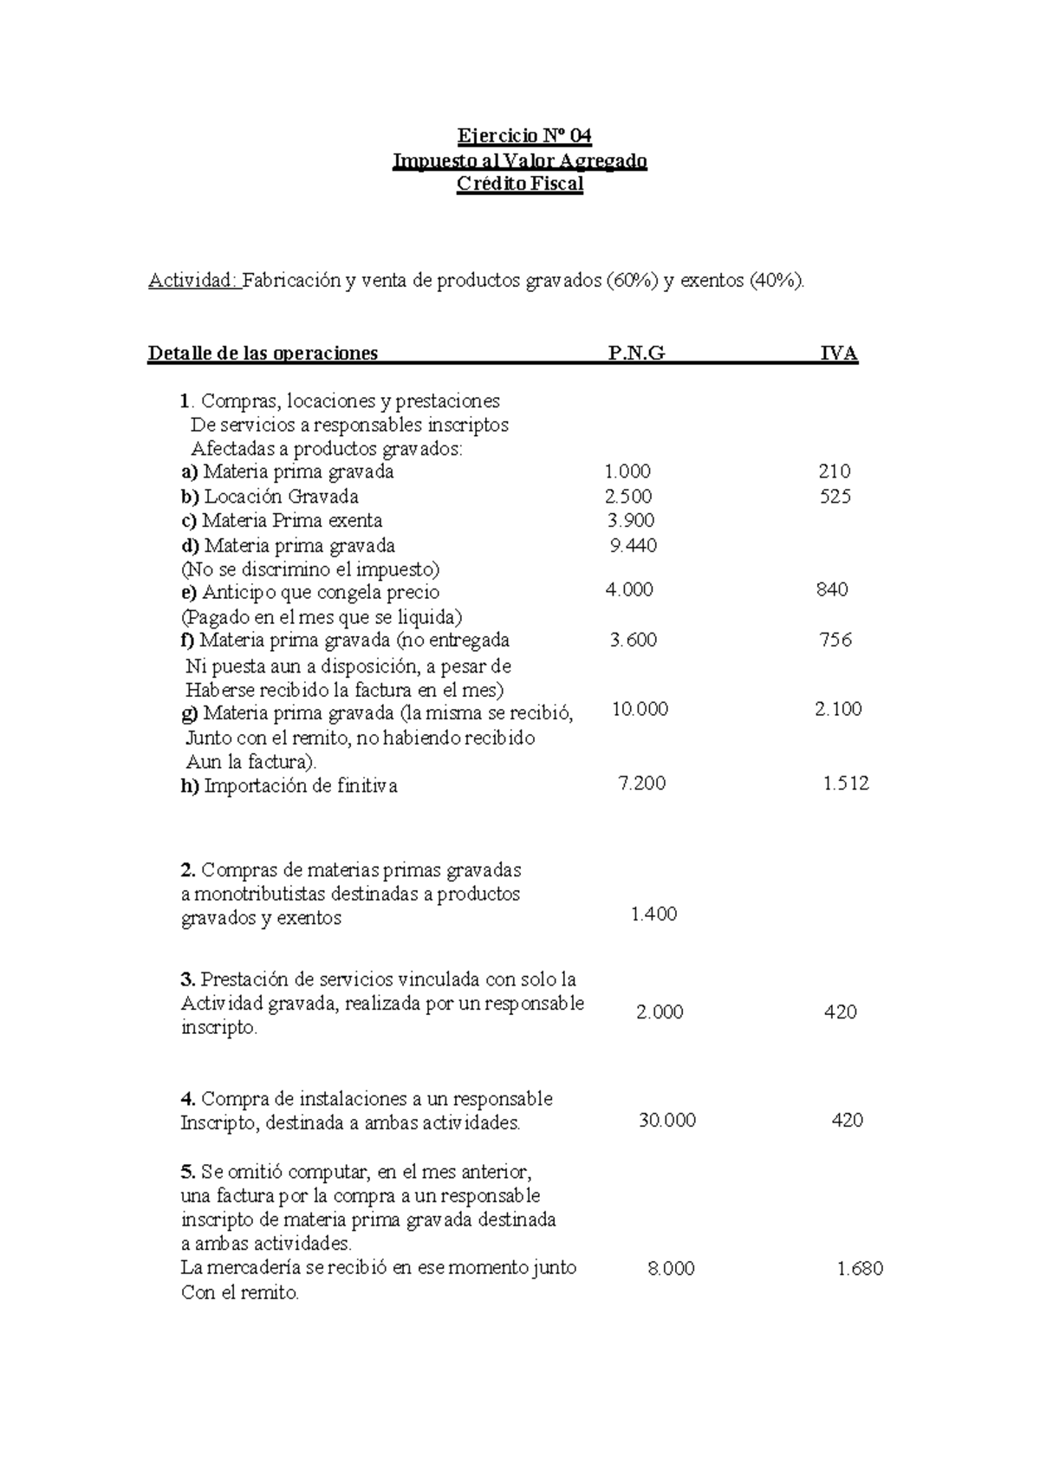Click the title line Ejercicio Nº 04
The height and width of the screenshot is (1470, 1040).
pyautogui.click(x=523, y=136)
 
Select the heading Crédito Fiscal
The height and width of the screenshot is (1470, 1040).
pyautogui.click(x=520, y=184)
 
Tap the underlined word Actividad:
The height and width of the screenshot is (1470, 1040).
pyautogui.click(x=193, y=280)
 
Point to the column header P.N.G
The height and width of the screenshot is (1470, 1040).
pyautogui.click(x=637, y=353)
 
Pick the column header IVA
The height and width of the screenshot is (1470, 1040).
pyautogui.click(x=839, y=353)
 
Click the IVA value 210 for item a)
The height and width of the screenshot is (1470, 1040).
pyautogui.click(x=834, y=472)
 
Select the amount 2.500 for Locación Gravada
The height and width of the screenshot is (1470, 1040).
pyautogui.click(x=628, y=497)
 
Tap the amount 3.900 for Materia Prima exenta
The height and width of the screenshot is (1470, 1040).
pyautogui.click(x=631, y=520)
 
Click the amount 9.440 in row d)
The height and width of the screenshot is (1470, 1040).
pyautogui.click(x=634, y=545)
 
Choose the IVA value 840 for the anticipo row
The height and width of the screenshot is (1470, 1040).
pyautogui.click(x=832, y=589)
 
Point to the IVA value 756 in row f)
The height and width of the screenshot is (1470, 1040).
pyautogui.click(x=835, y=640)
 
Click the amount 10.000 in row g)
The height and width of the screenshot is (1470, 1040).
pyautogui.click(x=640, y=709)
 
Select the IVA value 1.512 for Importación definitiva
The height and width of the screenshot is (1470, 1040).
pyautogui.click(x=845, y=784)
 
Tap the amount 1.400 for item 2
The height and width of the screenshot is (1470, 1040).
pyautogui.click(x=653, y=914)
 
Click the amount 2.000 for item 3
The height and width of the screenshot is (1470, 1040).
pyautogui.click(x=660, y=1011)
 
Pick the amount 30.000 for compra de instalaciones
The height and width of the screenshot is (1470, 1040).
pyautogui.click(x=666, y=1120)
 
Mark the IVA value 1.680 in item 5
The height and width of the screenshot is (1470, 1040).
pyautogui.click(x=859, y=1269)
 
